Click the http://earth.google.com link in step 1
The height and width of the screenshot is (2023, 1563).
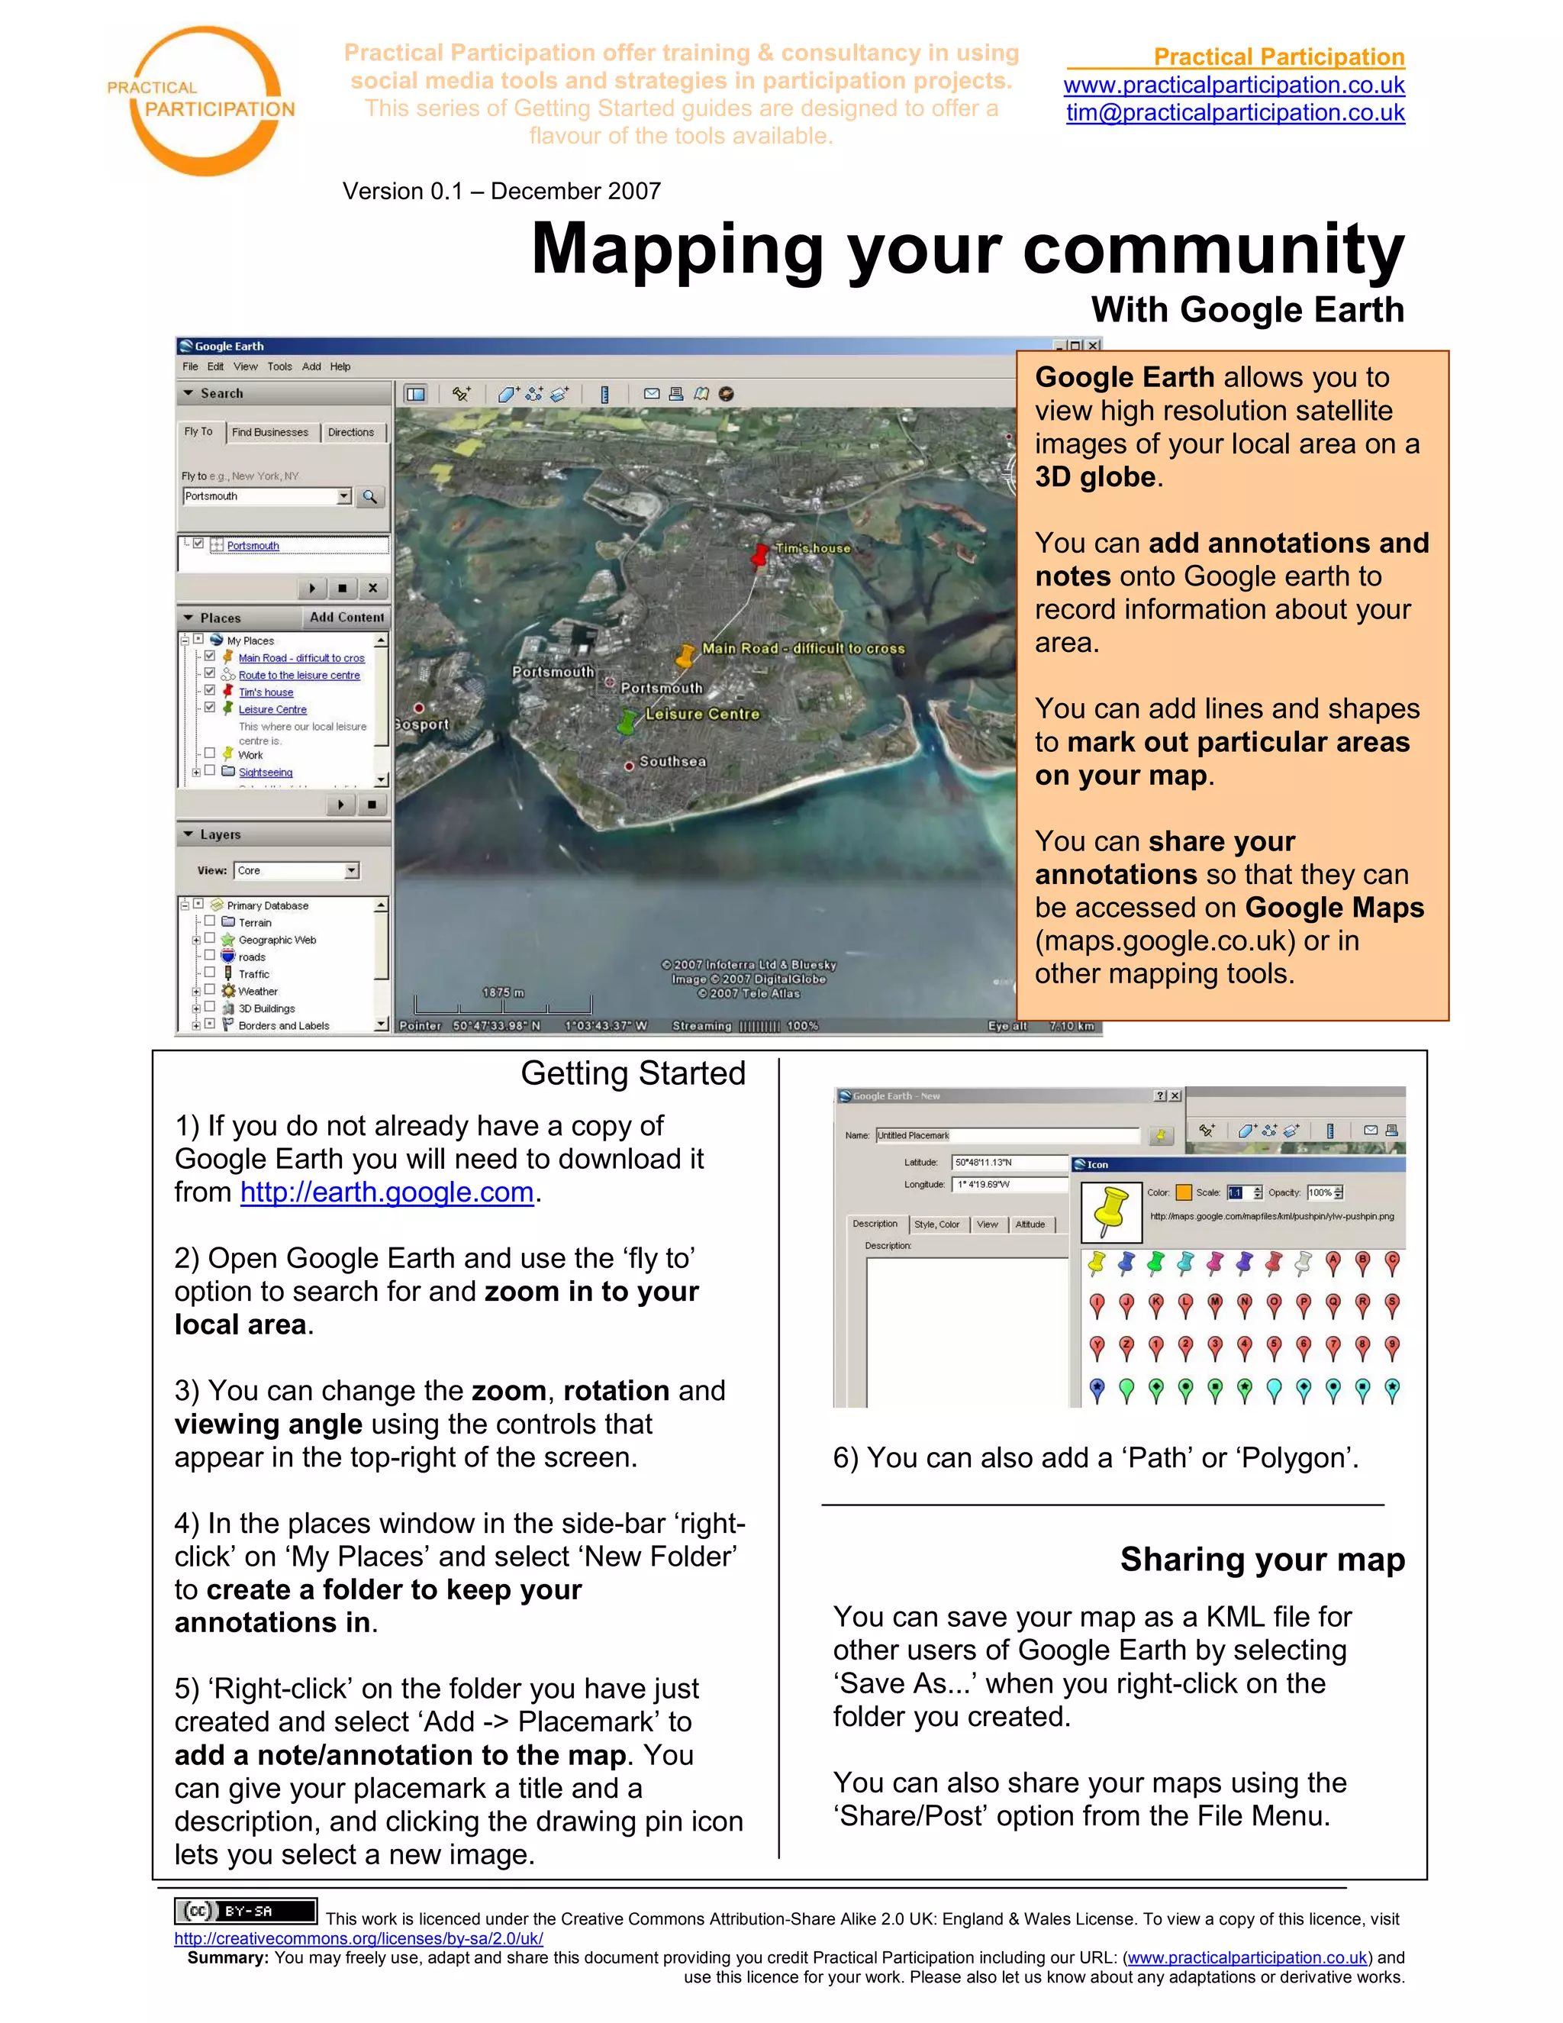387,1192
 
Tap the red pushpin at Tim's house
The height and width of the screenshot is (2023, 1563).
759,556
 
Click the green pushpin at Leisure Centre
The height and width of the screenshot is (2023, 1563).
630,721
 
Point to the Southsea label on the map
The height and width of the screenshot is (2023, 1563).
672,761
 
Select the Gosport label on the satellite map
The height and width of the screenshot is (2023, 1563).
421,724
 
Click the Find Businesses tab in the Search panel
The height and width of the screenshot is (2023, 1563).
269,433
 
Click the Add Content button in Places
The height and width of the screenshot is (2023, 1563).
346,617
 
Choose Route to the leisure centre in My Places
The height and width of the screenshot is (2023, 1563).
298,676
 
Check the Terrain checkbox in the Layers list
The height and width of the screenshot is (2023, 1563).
210,921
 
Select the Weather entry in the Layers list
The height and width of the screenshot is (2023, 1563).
257,991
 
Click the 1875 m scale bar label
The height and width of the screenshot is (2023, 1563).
503,992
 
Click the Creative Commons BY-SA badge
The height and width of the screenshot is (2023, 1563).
246,1911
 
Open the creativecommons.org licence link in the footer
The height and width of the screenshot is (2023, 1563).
359,1939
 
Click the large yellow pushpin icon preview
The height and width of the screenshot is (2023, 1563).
1111,1210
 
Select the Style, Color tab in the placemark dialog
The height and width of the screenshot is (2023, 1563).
936,1224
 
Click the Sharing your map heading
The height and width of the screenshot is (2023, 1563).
1262,1559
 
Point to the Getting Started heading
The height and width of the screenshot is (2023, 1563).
633,1073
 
